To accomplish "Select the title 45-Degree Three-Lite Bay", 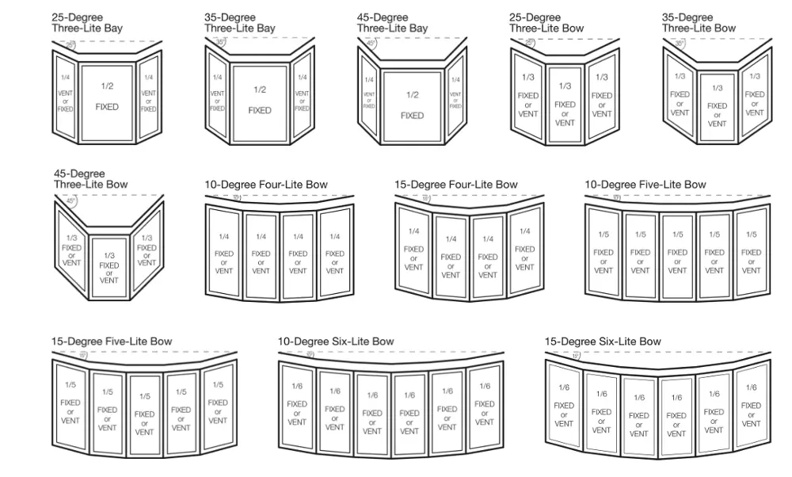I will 392,22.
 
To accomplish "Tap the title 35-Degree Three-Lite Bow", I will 699,22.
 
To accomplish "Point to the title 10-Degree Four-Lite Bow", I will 266,185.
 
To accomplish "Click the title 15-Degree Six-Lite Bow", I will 603,342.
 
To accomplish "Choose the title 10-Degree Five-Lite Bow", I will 645,185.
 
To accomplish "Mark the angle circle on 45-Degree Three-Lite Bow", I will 71,201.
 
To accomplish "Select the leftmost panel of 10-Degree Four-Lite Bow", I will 223,253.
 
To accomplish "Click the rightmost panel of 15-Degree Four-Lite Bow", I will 524,249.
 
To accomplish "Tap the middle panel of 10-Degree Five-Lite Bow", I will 677,253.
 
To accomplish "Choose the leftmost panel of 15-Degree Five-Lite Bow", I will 70,405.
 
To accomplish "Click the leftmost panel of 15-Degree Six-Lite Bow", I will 564,406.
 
